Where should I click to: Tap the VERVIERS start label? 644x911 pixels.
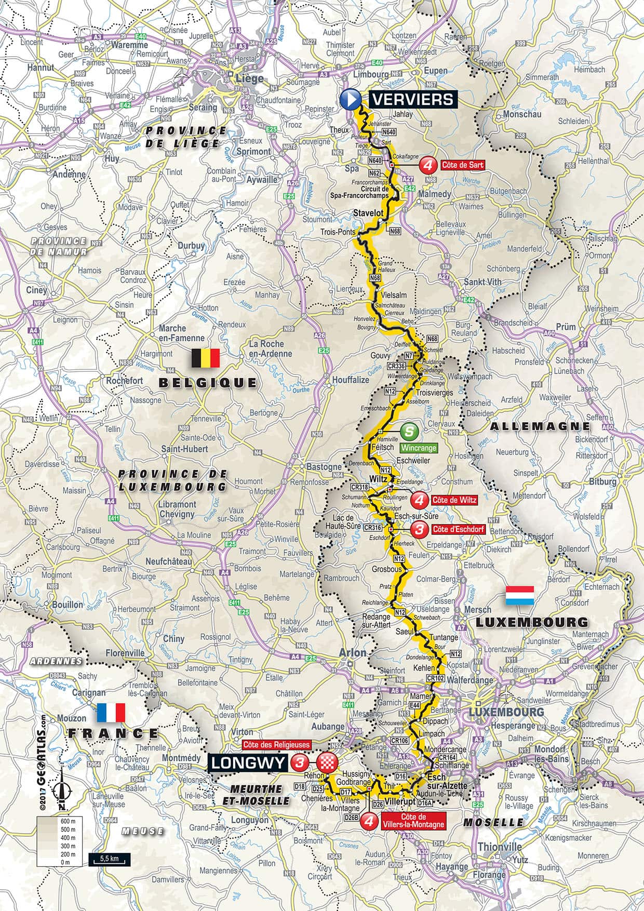413,99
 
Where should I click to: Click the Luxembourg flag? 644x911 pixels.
520,596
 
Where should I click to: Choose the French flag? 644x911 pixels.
111,713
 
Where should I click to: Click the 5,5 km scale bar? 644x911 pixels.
109,859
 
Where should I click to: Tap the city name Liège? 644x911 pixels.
251,79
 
